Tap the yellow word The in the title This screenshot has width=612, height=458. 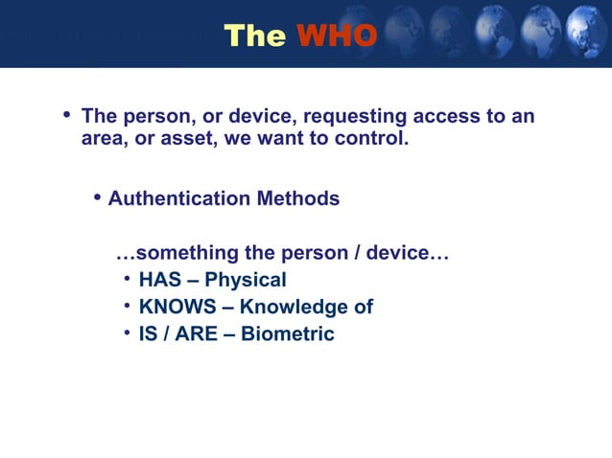click(254, 35)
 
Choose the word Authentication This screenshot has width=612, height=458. click(177, 198)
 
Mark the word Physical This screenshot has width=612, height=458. click(246, 281)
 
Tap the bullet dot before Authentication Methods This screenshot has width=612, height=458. click(98, 197)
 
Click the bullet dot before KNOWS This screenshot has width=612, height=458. click(128, 307)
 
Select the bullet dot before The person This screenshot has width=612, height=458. click(67, 116)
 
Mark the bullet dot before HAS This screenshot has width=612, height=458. click(128, 280)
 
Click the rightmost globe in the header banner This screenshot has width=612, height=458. click(587, 32)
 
